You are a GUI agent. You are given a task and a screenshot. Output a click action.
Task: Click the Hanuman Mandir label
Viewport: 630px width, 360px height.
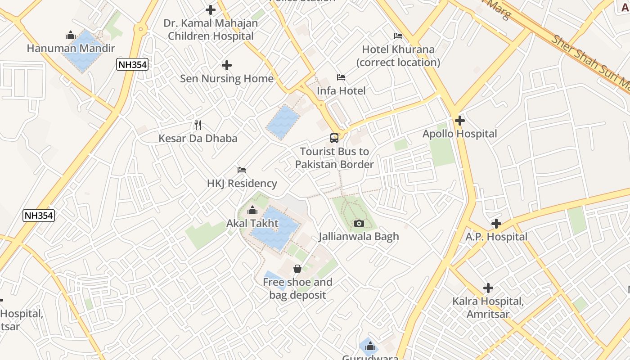pos(71,48)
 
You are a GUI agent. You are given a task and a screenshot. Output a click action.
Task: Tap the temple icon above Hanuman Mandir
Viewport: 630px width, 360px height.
pos(71,35)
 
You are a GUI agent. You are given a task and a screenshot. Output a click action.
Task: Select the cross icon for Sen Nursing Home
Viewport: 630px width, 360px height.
pos(227,66)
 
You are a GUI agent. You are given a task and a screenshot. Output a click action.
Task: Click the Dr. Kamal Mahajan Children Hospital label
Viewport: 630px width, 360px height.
pos(211,30)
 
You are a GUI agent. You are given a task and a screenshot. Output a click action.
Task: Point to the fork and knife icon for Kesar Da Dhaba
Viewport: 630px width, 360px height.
pos(198,125)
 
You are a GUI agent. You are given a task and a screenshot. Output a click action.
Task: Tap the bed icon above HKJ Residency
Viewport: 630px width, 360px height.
pos(242,170)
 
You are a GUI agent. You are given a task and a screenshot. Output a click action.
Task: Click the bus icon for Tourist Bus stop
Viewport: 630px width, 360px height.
pos(334,138)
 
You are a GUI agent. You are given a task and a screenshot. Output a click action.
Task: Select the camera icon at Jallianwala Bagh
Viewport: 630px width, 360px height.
pos(359,223)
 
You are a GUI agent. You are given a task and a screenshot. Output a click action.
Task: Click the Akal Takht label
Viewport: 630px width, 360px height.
pos(252,223)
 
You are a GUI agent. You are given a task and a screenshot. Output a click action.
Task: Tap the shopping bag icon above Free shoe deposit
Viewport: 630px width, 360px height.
pos(297,269)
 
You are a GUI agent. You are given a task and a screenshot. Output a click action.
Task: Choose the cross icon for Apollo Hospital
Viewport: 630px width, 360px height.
pos(459,121)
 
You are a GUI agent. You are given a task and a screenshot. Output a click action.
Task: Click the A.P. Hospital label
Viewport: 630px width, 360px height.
pos(496,237)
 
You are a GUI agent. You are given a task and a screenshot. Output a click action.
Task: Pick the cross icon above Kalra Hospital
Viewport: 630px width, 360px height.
pos(488,288)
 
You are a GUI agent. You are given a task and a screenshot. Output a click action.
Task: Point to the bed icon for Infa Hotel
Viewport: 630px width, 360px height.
pos(341,77)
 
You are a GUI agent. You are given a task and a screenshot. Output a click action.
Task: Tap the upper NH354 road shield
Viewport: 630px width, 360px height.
pos(132,64)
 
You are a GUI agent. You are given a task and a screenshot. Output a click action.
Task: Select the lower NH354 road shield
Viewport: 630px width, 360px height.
pos(39,216)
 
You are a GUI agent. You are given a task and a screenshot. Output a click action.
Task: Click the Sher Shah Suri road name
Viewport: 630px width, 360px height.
pos(589,61)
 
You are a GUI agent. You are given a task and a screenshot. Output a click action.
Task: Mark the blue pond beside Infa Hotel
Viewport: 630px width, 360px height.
pos(283,122)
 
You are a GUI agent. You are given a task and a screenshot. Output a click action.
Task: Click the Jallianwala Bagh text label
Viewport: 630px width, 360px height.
pos(359,236)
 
